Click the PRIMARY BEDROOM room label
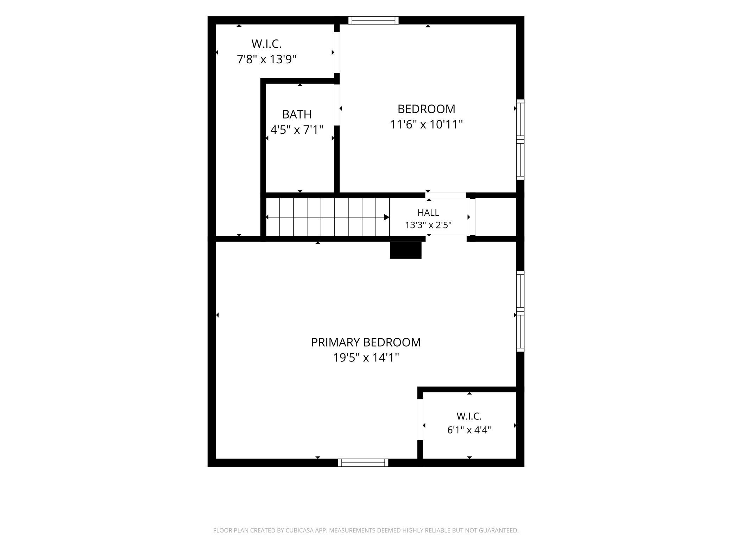366,342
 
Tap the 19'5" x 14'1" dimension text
366,358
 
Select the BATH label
297,114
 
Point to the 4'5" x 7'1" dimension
297,130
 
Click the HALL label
428,213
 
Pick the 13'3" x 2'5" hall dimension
428,225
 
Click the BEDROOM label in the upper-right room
426,109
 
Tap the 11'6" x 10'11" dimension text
426,125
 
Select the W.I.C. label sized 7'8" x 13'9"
266,44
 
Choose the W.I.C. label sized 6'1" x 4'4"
469,416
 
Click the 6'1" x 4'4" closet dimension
469,430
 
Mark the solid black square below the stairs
406,250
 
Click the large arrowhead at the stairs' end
386,217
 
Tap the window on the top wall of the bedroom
373,20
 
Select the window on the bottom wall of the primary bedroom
363,463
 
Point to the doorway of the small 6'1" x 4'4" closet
420,419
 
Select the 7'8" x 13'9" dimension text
266,59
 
